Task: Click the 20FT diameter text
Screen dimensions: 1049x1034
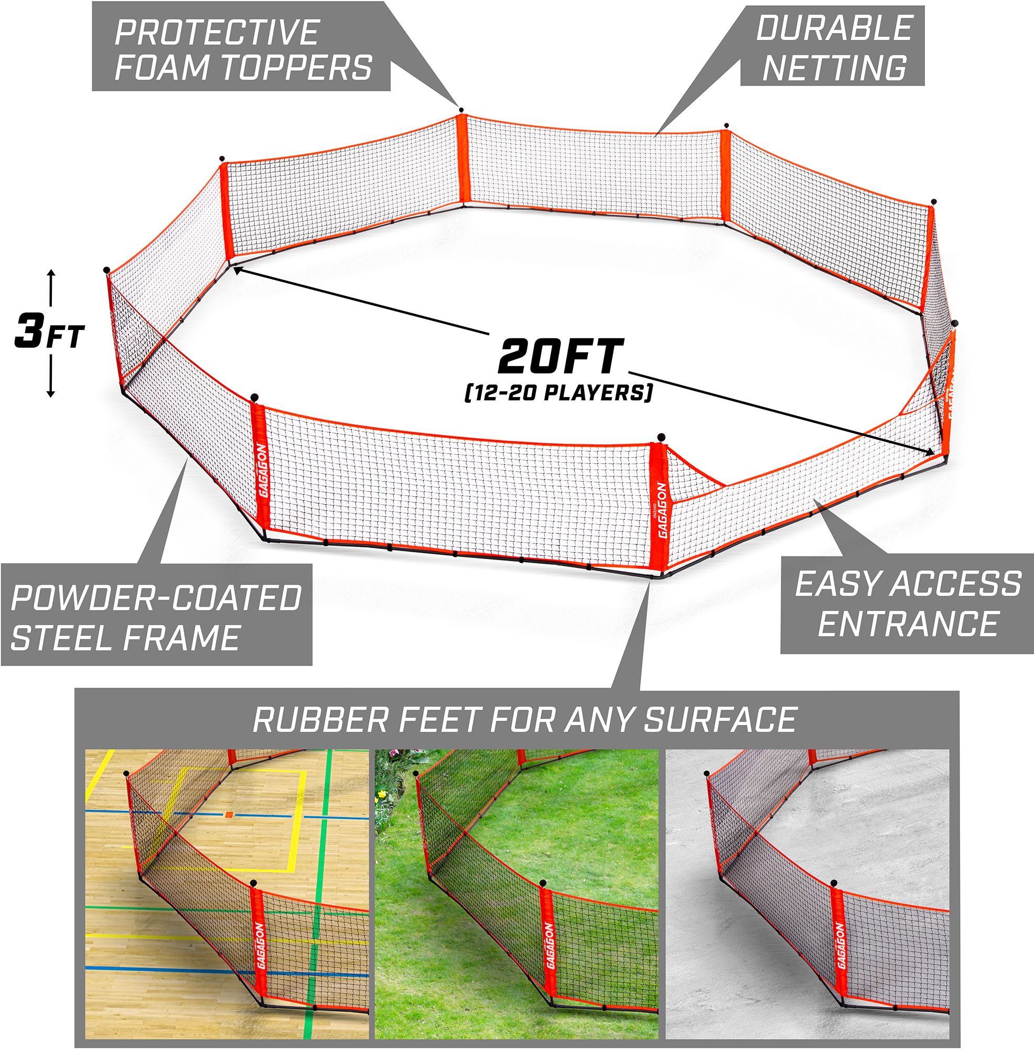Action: (558, 356)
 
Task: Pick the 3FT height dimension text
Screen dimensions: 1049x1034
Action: (49, 335)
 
